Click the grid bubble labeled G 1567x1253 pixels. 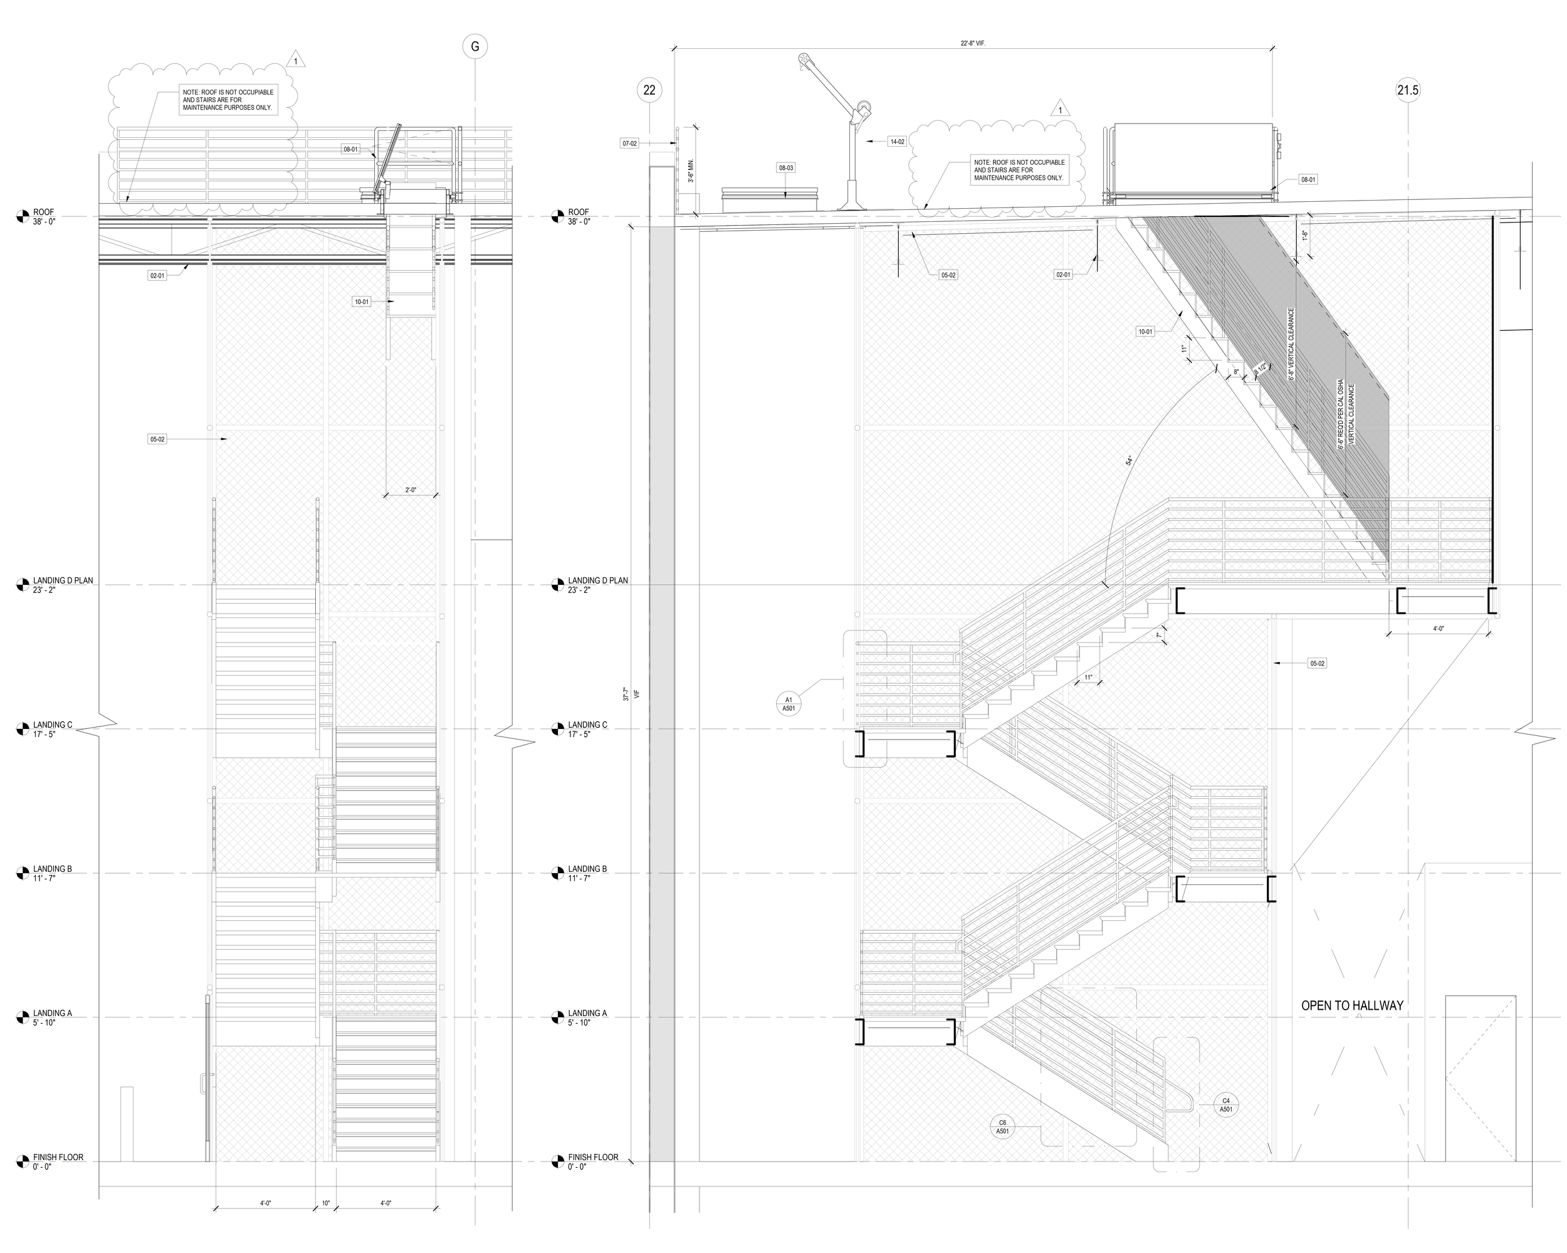coord(475,47)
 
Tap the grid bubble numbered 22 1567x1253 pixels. coord(649,90)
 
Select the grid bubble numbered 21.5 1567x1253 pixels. coord(1407,90)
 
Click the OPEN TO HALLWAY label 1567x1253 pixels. coord(1352,1006)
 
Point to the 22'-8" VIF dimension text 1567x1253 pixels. coord(972,44)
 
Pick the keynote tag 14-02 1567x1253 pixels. coord(897,142)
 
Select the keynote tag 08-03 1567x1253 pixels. coord(785,168)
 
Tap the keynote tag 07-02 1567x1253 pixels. coord(629,144)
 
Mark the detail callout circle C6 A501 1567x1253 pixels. coord(1002,1127)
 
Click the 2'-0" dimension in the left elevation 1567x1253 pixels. coord(411,490)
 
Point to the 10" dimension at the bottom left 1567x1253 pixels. coord(325,1203)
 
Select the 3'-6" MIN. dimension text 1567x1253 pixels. coord(691,170)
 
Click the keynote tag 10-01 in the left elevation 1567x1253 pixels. coord(361,301)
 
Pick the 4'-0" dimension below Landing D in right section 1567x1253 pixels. coord(1439,629)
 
